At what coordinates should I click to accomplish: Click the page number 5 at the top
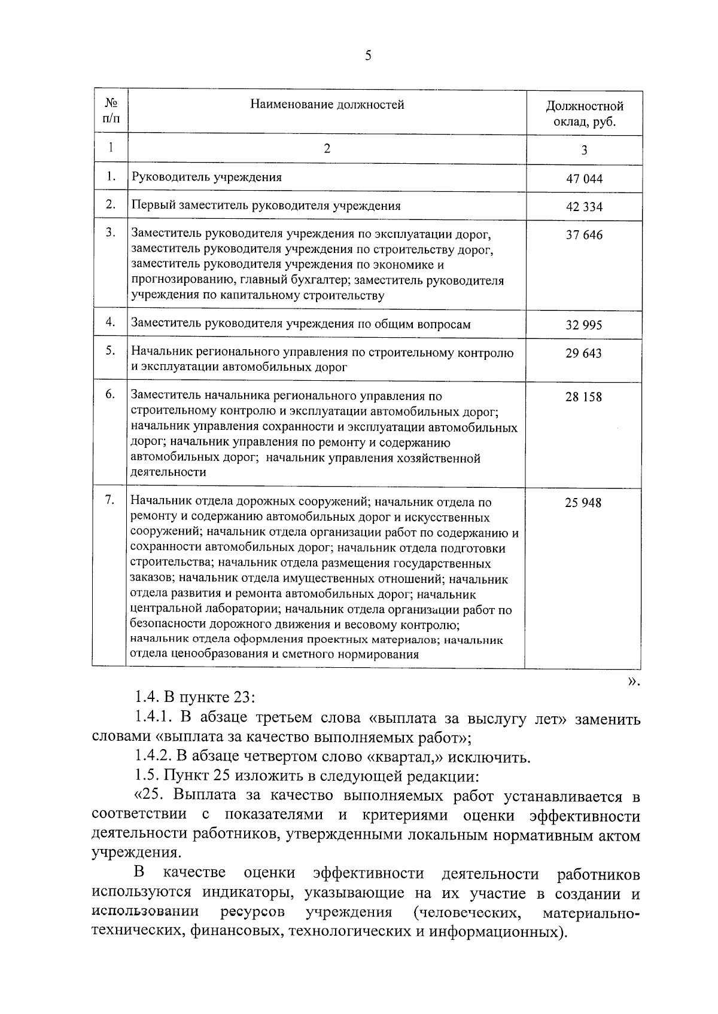pos(367,56)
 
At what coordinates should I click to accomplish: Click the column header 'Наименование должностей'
pos(327,105)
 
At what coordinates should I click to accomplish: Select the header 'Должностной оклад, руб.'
pos(584,114)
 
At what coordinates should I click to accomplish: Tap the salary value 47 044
pos(584,179)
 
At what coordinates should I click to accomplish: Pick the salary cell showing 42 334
pos(584,207)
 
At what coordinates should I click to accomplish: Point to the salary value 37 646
pos(584,235)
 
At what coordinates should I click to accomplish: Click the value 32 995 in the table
pos(584,325)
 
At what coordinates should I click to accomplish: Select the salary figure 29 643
pos(584,353)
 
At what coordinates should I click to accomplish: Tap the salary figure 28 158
pos(584,397)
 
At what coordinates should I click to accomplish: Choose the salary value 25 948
pos(583,503)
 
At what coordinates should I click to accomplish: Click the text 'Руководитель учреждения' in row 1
pos(206,178)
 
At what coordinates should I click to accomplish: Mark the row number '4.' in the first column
pos(110,322)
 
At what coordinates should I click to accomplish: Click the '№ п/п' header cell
pos(111,111)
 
